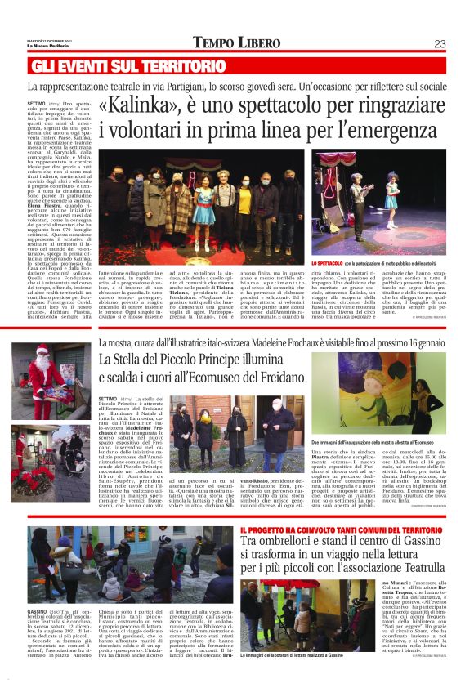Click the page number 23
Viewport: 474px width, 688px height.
[x=440, y=43]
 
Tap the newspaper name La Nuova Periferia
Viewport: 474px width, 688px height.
[x=50, y=45]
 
